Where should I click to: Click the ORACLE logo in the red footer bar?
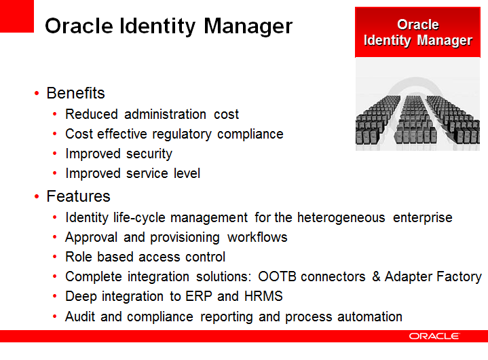coord(434,336)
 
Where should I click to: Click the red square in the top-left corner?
coord(17,16)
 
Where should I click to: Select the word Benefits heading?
coord(75,93)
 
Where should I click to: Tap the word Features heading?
coord(79,196)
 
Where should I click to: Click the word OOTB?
coord(277,276)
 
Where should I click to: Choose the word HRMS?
coord(263,296)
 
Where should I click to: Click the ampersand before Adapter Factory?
coord(376,276)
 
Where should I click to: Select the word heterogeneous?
coord(341,217)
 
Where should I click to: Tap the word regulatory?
coord(182,134)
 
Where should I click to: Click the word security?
coord(149,154)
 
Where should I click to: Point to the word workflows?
coord(257,237)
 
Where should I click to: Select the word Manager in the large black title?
coord(248,26)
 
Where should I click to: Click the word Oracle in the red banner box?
coord(418,24)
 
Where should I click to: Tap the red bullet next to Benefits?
coord(37,93)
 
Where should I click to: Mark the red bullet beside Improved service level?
coord(55,173)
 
